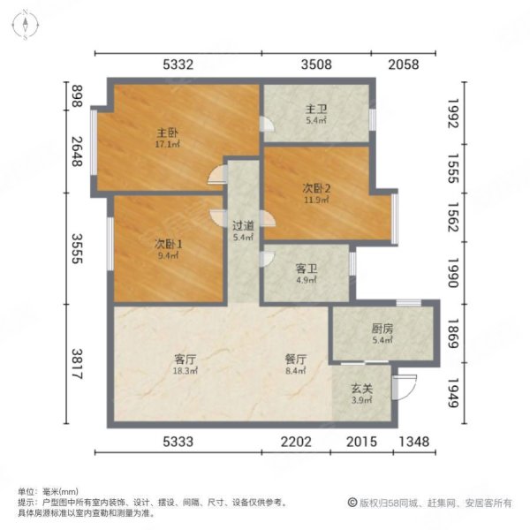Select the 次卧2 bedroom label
pos(316,187)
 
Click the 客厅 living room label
pos(184,360)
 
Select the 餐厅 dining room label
pos(295,360)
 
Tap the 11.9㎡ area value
pos(316,200)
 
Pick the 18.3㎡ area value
pos(184,372)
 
